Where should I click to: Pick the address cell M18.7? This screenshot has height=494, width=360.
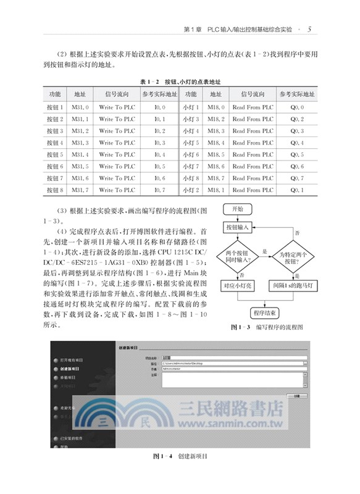[x=216, y=178]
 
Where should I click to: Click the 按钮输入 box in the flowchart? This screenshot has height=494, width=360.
[x=237, y=228]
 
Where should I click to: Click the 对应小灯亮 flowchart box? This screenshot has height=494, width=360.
[x=237, y=287]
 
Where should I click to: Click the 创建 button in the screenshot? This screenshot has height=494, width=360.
[x=298, y=395]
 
